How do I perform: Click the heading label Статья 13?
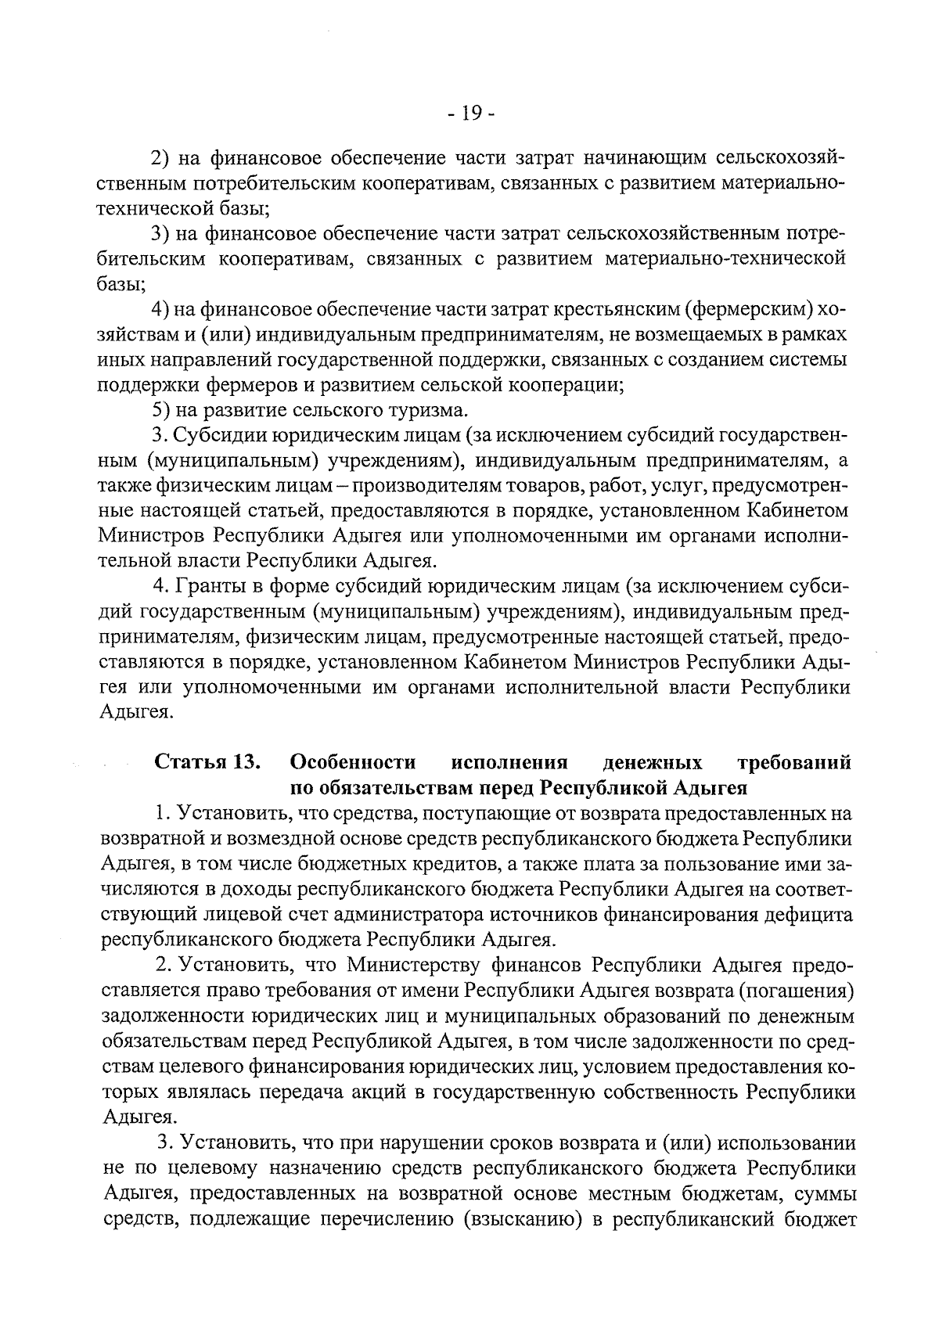pyautogui.click(x=207, y=762)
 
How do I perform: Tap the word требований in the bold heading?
pyautogui.click(x=795, y=762)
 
